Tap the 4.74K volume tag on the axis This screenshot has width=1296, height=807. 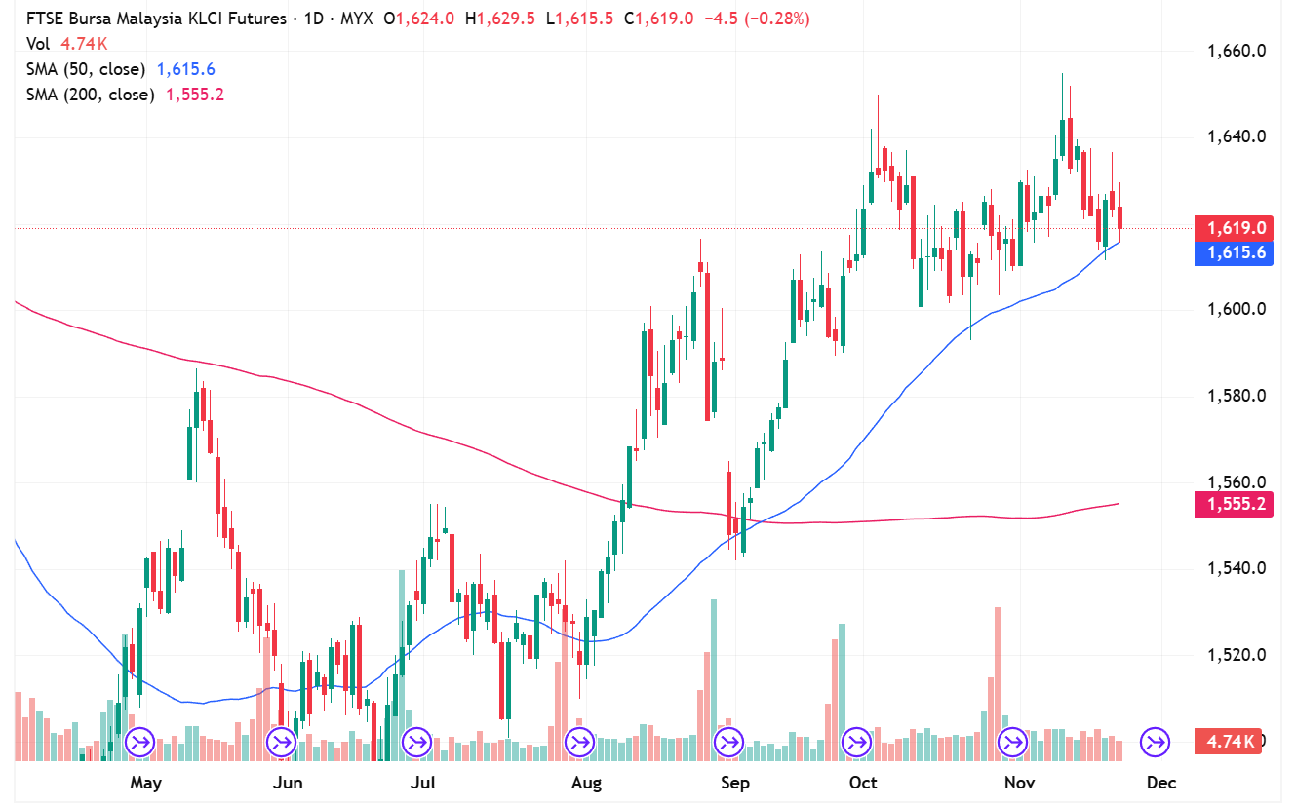tap(1230, 741)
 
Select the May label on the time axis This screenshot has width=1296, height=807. tap(145, 783)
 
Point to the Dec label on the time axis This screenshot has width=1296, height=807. tap(1161, 783)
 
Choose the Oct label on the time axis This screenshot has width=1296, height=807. tap(863, 783)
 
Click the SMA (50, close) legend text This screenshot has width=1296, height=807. tap(86, 69)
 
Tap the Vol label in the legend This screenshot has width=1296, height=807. tap(38, 44)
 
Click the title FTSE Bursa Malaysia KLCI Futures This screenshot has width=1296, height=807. tap(156, 19)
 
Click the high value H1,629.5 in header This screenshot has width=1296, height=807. tap(501, 19)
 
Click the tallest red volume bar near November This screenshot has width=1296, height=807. tap(999, 682)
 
